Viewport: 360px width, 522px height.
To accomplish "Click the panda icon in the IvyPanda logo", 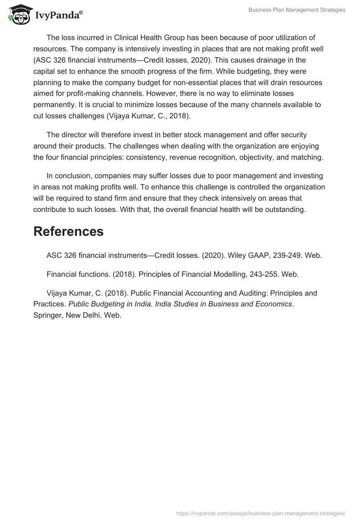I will [18, 14].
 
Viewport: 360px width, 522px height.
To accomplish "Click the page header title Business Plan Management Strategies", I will [297, 10].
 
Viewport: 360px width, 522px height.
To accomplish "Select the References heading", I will [68, 231].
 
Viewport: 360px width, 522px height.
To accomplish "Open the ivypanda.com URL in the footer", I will [261, 513].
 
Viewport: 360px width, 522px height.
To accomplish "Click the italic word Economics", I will [273, 304].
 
